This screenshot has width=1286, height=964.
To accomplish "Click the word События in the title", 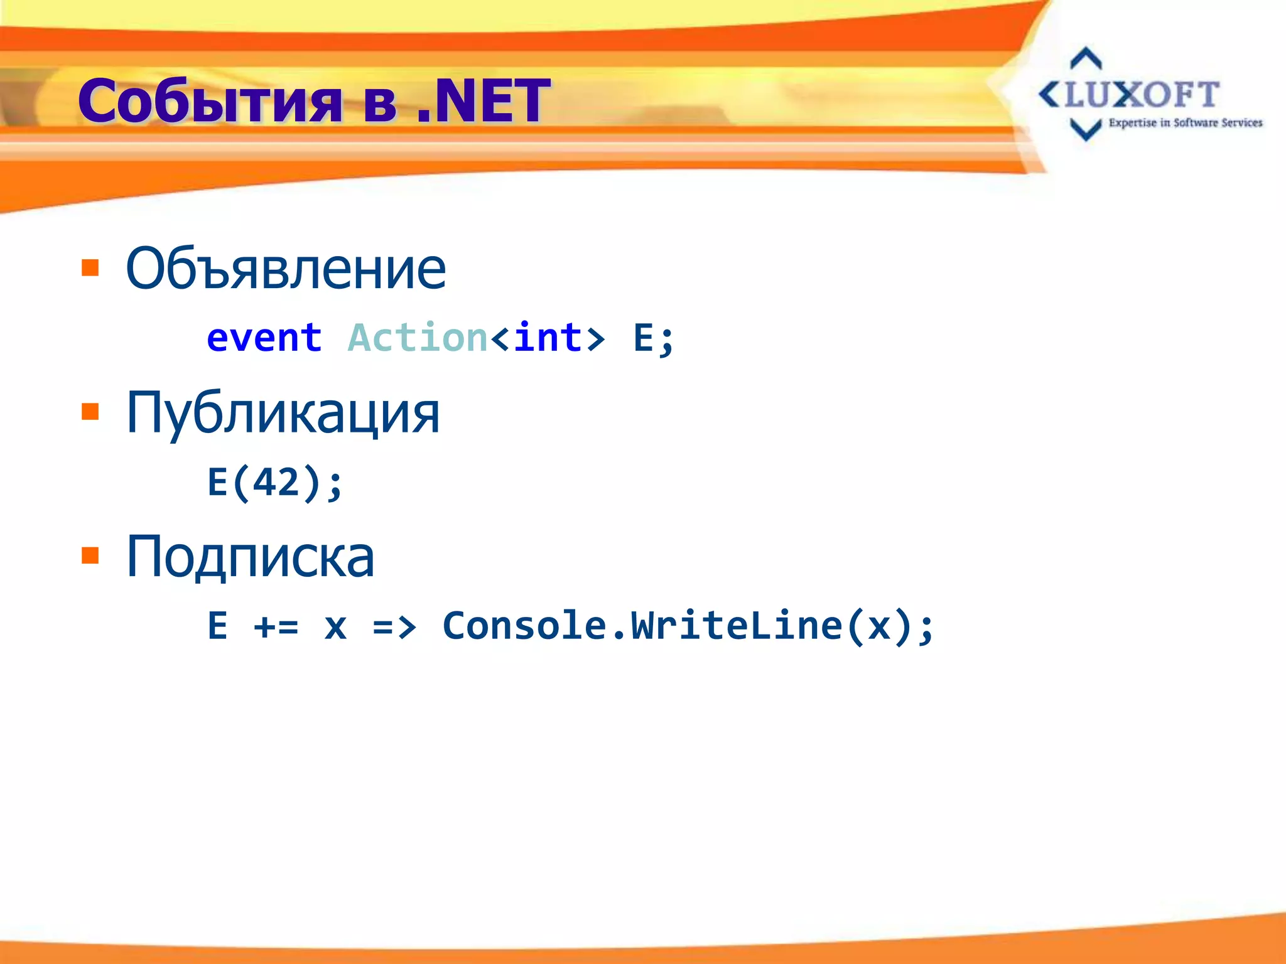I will coord(210,102).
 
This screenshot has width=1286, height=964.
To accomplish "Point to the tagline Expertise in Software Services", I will coord(1185,123).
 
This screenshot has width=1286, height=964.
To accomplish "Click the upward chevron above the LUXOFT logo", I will coord(1086,58).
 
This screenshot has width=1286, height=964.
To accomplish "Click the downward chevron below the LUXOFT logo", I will coord(1086,130).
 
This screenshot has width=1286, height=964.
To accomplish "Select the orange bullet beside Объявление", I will coord(90,268).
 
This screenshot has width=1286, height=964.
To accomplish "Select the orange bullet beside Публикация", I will coord(90,412).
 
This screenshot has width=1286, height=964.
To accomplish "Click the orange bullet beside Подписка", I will coord(90,556).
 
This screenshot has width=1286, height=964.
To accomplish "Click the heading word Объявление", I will coord(286,269).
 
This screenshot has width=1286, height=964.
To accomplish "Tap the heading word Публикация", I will coord(283,413).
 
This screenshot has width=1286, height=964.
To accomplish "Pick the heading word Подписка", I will coord(250,557).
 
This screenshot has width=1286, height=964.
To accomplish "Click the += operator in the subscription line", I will coord(276,626).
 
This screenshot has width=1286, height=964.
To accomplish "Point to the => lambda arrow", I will coord(394,626).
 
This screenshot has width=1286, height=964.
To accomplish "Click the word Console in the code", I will coord(524,626).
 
